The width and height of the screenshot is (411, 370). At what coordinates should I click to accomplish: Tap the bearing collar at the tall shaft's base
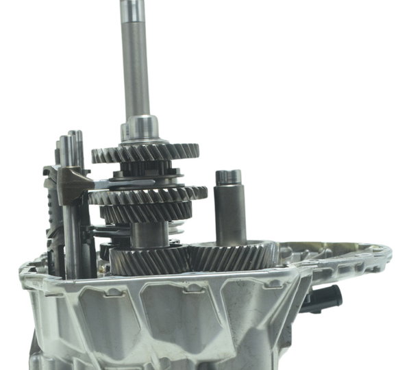[x=142, y=128]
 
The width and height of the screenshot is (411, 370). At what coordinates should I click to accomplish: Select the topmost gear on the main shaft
[x=145, y=152]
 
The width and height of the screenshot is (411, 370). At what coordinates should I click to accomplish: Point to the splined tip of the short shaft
[x=228, y=177]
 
